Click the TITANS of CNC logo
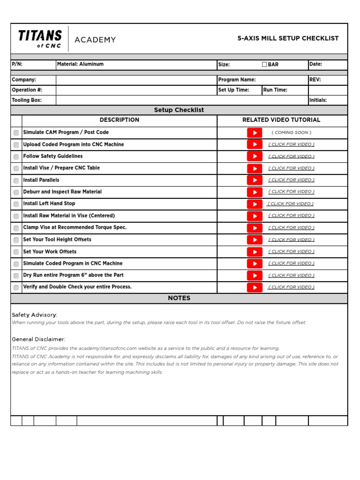click(40, 38)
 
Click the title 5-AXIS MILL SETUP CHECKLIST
click(288, 38)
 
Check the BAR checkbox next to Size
click(264, 64)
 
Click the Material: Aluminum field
click(80, 64)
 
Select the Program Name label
click(237, 80)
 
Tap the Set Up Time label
click(233, 90)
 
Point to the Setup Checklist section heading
click(179, 110)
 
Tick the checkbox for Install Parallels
click(16, 180)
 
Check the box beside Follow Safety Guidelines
click(16, 157)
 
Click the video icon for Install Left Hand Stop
click(255, 204)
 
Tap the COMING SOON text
click(291, 133)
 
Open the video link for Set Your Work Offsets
click(291, 252)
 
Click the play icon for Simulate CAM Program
click(255, 133)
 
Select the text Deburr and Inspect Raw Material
click(62, 192)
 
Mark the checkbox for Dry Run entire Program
click(16, 276)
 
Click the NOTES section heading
click(179, 298)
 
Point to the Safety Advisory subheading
click(35, 315)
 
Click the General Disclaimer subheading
click(38, 339)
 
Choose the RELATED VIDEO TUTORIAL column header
click(281, 120)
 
